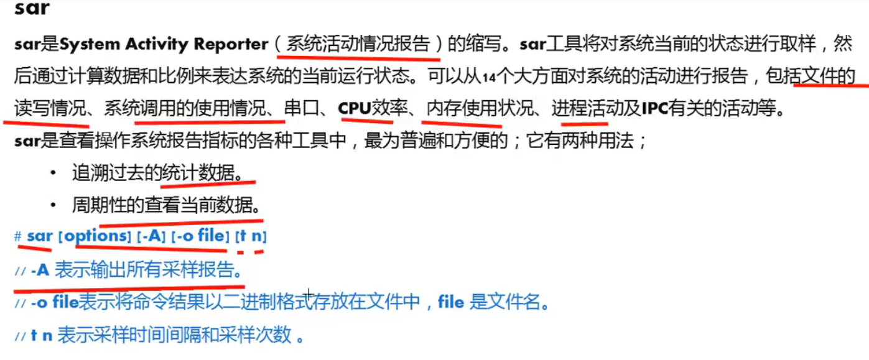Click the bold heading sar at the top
tap(32, 8)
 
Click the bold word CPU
tap(354, 109)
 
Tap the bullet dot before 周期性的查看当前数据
tap(53, 205)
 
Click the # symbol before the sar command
tap(18, 237)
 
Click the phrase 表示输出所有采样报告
tap(147, 270)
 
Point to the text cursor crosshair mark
tap(309, 293)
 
